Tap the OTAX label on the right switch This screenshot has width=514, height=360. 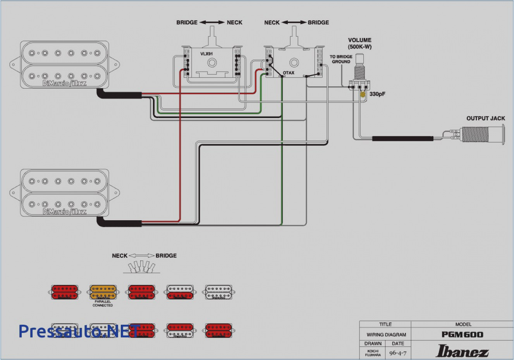click(289, 73)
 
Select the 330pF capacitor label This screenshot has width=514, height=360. click(377, 94)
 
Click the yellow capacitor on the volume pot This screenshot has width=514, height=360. click(363, 94)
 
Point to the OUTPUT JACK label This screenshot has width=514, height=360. click(485, 118)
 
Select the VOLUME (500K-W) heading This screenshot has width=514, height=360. click(359, 43)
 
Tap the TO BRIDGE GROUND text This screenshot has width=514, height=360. click(341, 59)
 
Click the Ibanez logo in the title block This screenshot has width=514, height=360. click(462, 351)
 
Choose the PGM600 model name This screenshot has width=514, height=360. click(462, 335)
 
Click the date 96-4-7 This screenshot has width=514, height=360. click(398, 353)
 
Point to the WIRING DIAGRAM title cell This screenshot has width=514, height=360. click(386, 335)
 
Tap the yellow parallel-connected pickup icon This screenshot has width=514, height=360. click(103, 292)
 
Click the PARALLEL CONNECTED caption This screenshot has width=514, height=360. click(103, 303)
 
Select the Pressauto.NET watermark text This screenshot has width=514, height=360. click(77, 331)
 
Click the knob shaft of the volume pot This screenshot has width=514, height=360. click(360, 59)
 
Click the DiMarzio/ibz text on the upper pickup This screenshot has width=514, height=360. click(65, 83)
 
